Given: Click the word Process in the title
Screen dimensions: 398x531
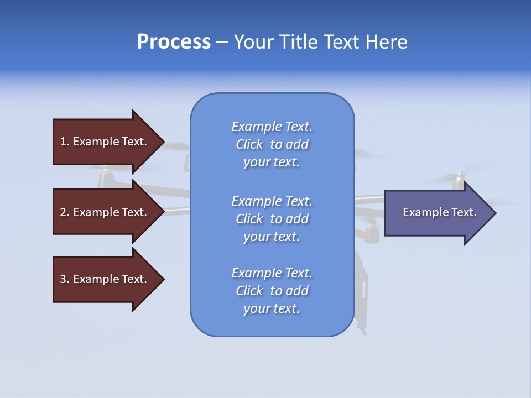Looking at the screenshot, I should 174,42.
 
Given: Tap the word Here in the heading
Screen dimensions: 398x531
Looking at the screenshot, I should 386,42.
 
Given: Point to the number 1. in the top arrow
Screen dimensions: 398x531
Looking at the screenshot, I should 65,142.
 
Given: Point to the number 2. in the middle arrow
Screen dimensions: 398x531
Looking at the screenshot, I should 65,212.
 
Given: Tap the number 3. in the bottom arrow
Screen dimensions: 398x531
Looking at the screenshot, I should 65,279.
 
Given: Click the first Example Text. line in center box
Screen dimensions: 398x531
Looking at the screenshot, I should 272,127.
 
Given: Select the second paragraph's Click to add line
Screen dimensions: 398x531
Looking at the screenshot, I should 272,219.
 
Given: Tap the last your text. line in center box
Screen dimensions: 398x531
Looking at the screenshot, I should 272,308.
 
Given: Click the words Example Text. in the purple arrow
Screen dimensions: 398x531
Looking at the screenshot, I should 440,212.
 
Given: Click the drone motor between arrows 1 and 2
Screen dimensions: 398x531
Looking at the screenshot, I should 105,177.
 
